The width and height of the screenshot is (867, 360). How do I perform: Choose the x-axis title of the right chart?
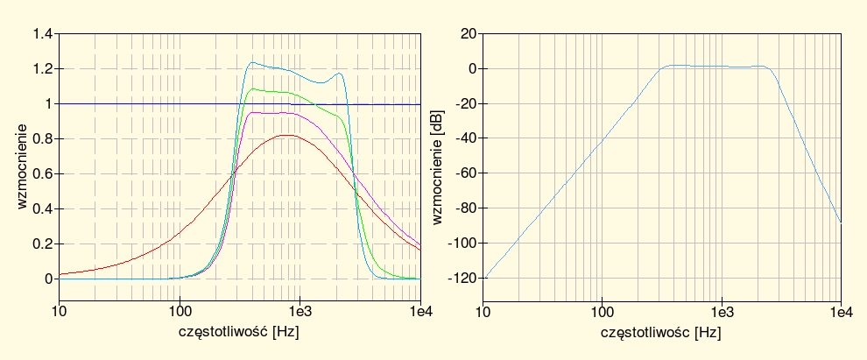pos(661,332)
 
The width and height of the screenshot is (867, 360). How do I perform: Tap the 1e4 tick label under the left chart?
pos(420,311)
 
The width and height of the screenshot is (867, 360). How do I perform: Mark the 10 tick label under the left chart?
pos(60,311)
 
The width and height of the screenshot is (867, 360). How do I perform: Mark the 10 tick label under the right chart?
pos(483,311)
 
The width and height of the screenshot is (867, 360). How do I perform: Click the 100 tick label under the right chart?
pos(602,311)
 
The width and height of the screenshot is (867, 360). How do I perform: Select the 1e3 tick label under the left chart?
pos(300,311)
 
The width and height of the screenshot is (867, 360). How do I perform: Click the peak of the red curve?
pos(287,135)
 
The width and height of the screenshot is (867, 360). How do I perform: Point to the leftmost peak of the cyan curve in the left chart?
pos(252,62)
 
